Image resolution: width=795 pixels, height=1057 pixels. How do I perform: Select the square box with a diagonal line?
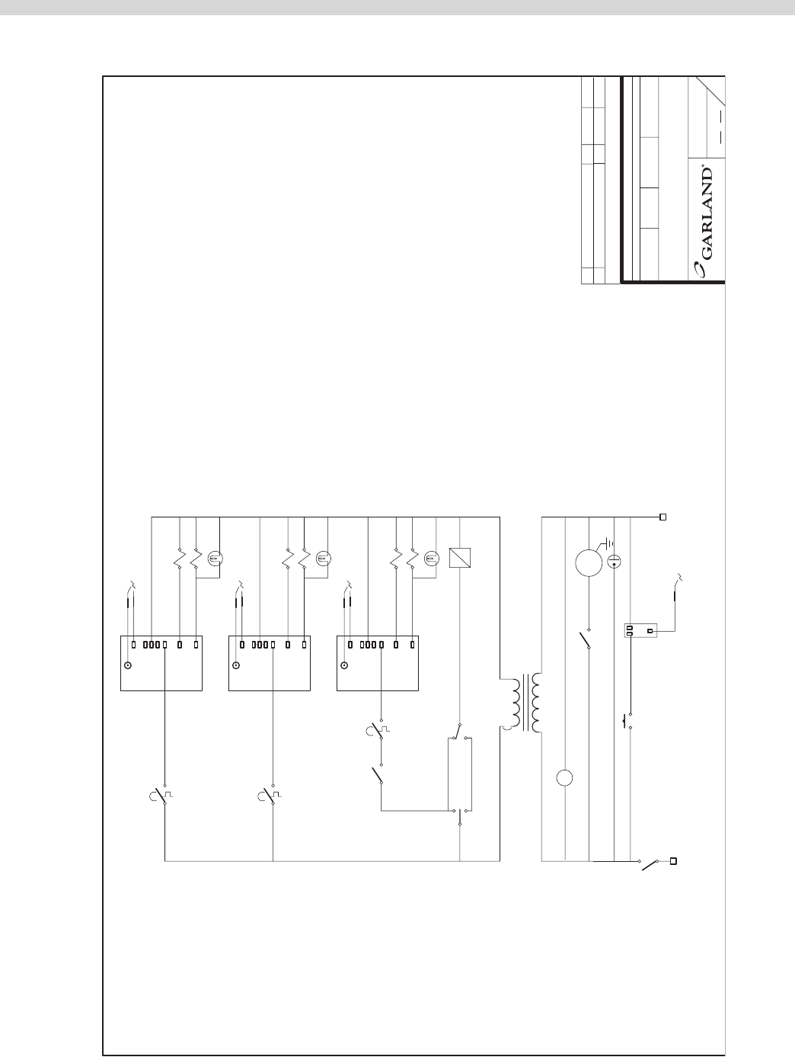(459, 559)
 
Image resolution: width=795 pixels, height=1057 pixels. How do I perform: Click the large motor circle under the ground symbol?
(589, 563)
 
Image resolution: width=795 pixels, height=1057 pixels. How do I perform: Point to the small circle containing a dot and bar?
(615, 562)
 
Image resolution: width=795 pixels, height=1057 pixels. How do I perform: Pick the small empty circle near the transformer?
(565, 778)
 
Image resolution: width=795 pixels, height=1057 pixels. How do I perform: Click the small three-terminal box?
(640, 630)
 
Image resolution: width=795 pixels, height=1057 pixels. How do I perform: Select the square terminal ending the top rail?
(662, 517)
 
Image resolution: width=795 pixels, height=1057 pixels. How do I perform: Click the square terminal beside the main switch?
(673, 861)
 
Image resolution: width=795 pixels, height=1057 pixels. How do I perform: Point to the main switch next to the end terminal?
(649, 864)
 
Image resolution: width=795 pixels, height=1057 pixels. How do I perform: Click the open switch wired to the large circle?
(586, 640)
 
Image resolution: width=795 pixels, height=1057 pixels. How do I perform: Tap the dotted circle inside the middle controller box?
(236, 665)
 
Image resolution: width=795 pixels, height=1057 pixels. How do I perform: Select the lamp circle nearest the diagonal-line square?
(430, 559)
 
